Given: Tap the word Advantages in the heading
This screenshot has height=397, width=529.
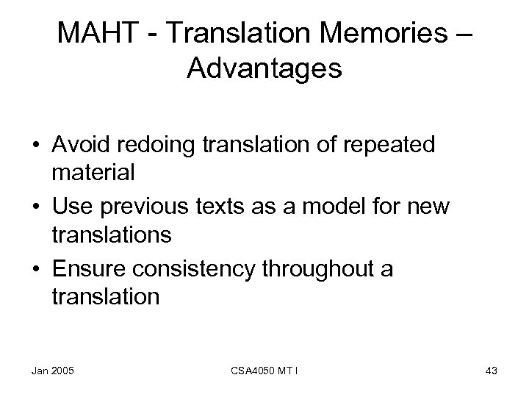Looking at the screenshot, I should pyautogui.click(x=264, y=69).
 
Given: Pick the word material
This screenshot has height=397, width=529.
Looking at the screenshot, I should pyautogui.click(x=93, y=174).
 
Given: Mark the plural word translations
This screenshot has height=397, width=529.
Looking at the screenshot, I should pyautogui.click(x=112, y=235).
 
